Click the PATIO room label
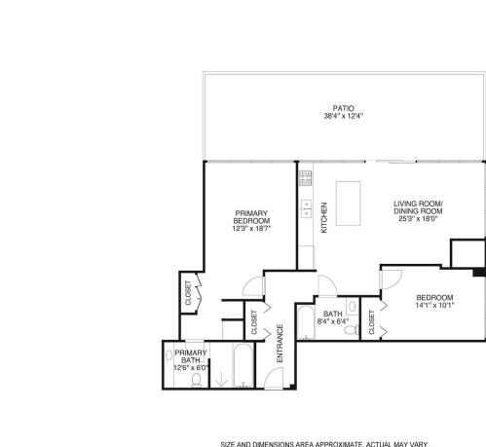tap(343, 108)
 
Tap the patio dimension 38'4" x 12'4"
tap(343, 116)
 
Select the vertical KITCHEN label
tap(324, 217)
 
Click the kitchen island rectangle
tap(348, 204)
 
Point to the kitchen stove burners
tap(305, 178)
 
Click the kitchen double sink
tap(306, 208)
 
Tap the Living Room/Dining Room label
tap(418, 207)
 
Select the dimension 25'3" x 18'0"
tap(418, 218)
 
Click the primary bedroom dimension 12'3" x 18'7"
tap(251, 228)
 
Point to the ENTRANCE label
tap(280, 343)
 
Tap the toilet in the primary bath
tap(196, 380)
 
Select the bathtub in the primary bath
tap(243, 365)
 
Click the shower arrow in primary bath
tap(221, 379)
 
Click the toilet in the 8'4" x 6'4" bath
tap(351, 330)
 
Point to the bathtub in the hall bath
tap(306, 322)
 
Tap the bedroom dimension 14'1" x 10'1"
tap(434, 305)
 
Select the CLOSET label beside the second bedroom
tap(372, 322)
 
